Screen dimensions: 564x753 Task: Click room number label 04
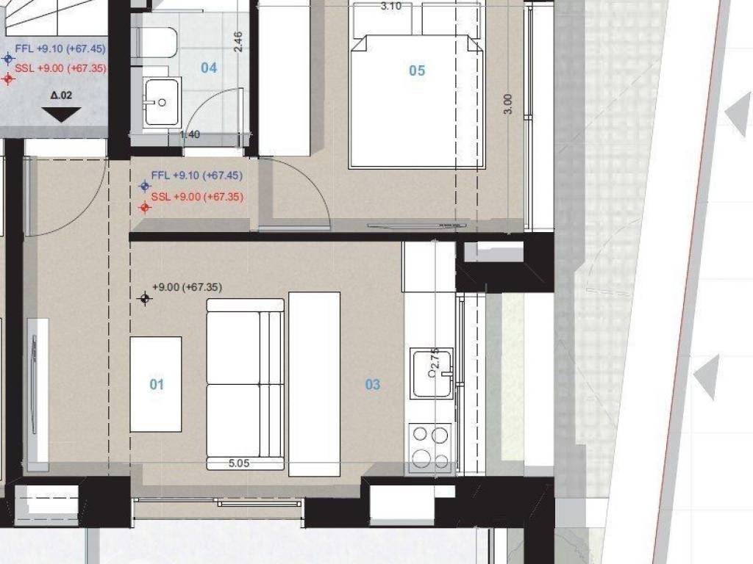[x=209, y=68]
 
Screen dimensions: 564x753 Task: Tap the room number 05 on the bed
[x=417, y=70]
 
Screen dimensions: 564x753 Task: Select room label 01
[x=157, y=384]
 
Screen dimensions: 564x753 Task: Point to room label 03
[x=373, y=384]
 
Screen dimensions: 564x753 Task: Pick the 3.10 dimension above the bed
[x=390, y=7]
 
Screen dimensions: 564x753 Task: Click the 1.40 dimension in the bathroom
[x=190, y=134]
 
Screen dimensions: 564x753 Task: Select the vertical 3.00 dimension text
[x=507, y=104]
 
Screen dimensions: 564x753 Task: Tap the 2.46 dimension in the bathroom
[x=238, y=41]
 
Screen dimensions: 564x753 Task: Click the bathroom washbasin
[x=161, y=102]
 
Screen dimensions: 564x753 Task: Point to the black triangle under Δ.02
[x=61, y=114]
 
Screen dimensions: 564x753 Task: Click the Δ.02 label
[x=61, y=95]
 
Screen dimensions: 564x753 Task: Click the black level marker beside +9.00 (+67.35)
[x=145, y=298]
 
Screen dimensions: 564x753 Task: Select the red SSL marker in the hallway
[x=145, y=208]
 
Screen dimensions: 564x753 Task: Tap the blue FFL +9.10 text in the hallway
[x=196, y=176]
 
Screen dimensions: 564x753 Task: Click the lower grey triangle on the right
[x=707, y=377]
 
